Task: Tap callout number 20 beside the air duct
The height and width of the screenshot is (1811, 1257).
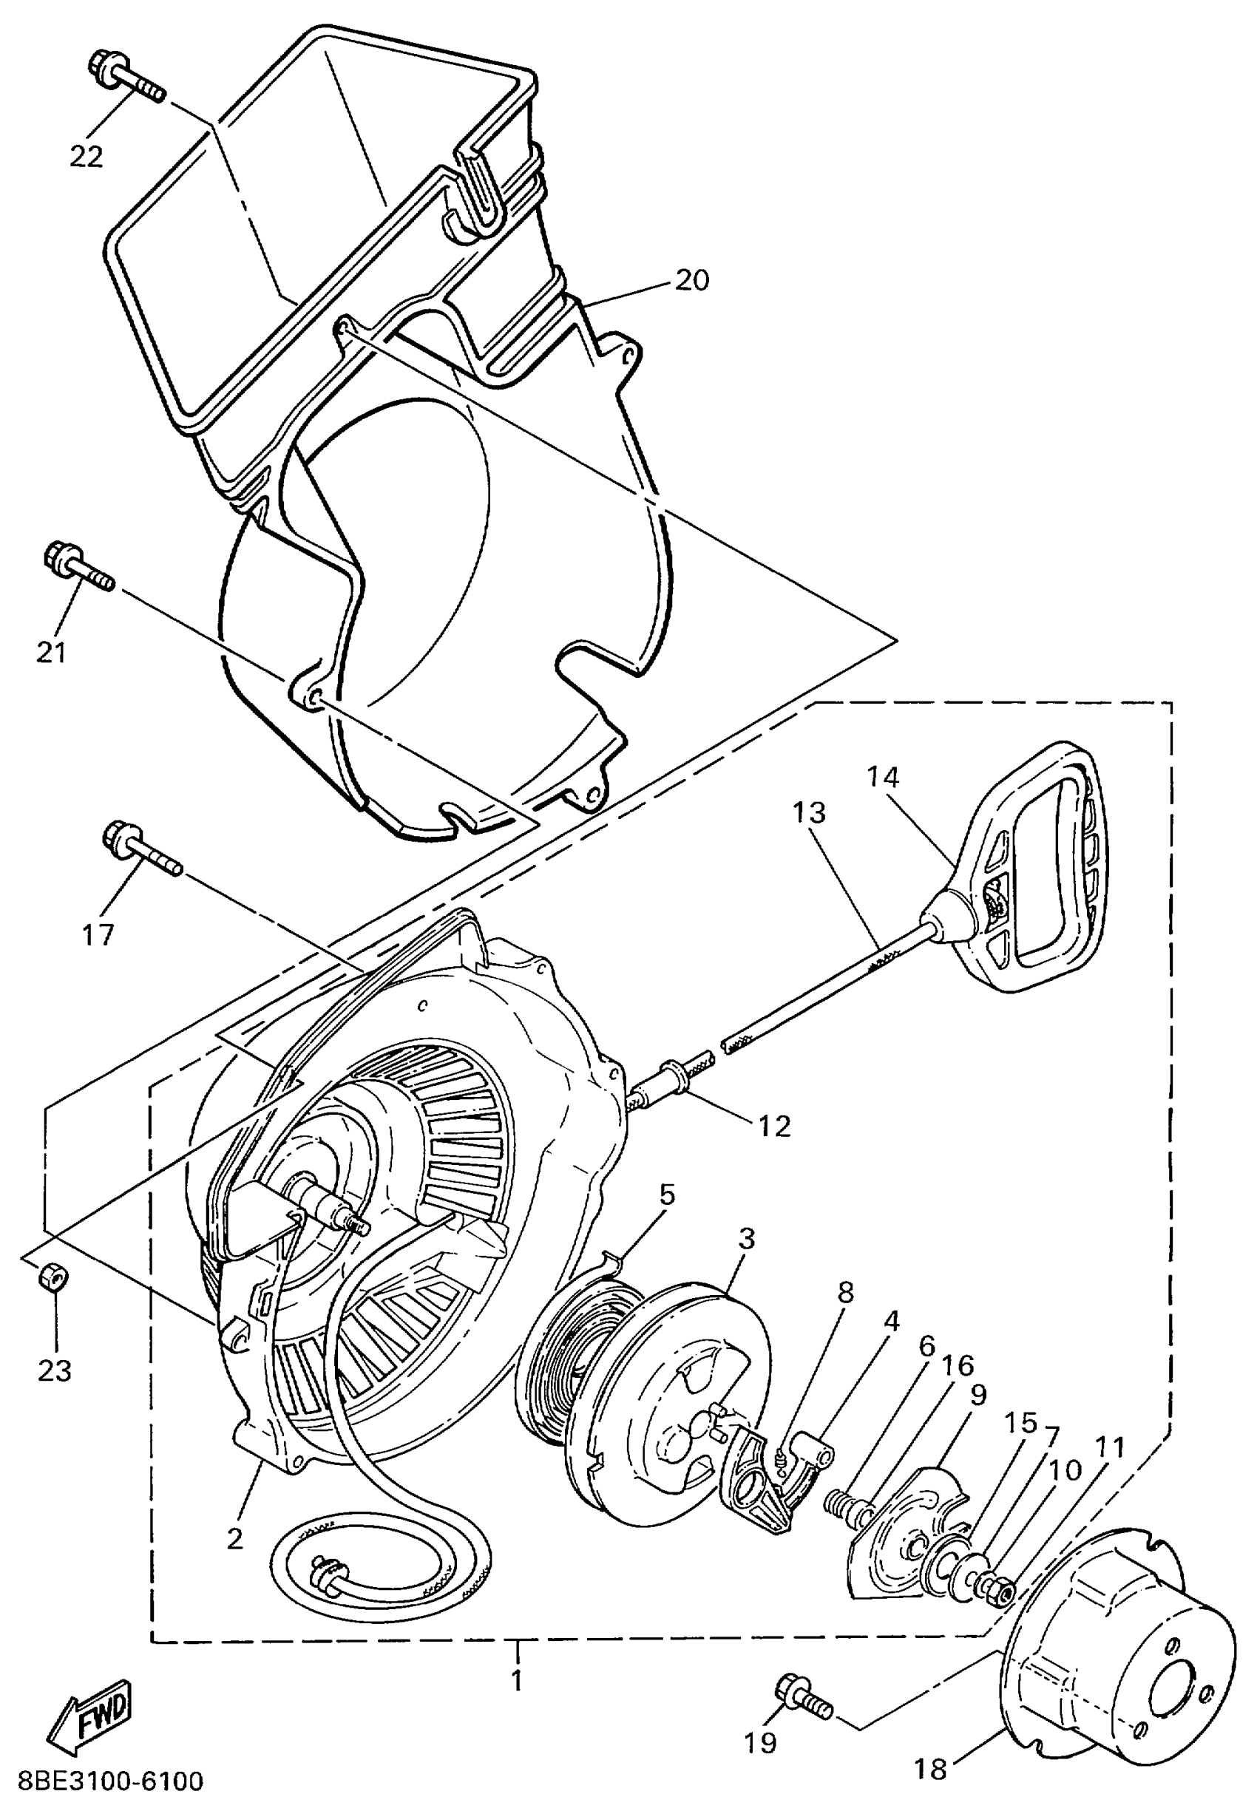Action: pos(691,279)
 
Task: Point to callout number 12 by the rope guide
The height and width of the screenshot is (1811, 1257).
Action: pos(773,1126)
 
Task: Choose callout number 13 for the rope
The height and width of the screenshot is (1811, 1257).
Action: pos(810,812)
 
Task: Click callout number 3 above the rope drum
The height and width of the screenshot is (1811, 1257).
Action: pos(746,1239)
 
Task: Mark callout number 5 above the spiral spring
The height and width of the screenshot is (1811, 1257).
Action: pos(666,1195)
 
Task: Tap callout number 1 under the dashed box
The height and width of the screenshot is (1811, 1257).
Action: pos(517,1680)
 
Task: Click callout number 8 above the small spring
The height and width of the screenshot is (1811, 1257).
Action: pos(844,1292)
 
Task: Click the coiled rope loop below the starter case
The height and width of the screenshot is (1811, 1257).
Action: pos(378,1567)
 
